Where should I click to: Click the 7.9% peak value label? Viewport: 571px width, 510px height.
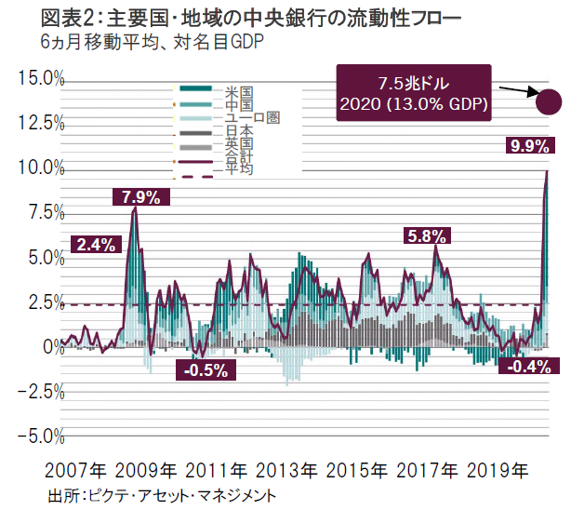click(141, 196)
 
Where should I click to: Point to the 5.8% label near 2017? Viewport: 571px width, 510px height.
click(427, 236)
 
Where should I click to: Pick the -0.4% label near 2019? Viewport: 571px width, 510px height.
click(525, 367)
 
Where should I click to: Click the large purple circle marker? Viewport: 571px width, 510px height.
click(548, 101)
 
